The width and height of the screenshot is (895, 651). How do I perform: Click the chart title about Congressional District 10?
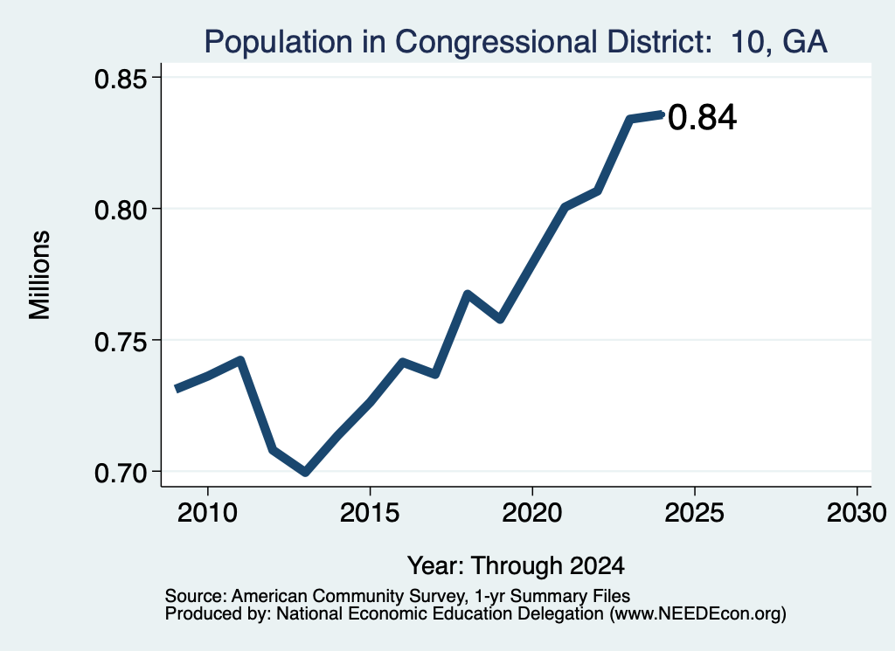[516, 42]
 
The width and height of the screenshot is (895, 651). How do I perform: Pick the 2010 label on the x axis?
[207, 512]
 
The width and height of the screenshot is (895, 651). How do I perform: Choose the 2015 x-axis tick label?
[370, 512]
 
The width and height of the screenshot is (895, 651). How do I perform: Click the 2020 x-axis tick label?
[532, 512]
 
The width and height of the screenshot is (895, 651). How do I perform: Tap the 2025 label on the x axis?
[695, 512]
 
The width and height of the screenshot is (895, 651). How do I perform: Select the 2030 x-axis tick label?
[857, 512]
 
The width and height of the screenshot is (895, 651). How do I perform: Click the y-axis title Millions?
[40, 274]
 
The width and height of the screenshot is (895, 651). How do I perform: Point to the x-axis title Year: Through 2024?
[516, 565]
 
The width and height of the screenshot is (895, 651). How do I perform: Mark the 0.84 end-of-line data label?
[702, 118]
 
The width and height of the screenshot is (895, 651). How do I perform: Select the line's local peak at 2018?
[468, 294]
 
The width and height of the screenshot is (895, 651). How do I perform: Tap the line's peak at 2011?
[240, 361]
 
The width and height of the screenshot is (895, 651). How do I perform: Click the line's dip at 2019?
[500, 319]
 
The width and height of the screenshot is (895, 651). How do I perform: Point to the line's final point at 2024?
[663, 114]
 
